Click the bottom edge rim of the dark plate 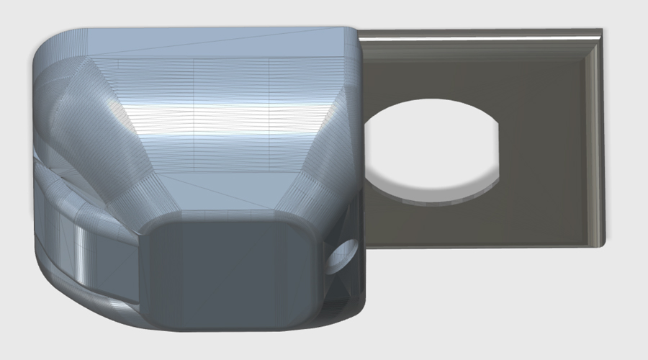pyautogui.click(x=482, y=245)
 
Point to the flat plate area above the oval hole pyautogui.click(x=432, y=72)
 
